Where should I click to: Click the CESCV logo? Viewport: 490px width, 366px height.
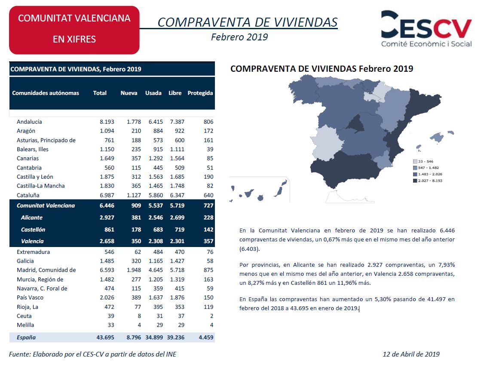click(x=426, y=29)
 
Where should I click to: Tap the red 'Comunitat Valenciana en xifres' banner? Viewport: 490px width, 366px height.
click(x=74, y=30)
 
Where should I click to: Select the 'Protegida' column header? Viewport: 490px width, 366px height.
click(x=200, y=93)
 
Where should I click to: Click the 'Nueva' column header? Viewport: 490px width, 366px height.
click(x=129, y=93)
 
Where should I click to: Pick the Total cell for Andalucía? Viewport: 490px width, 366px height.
click(x=107, y=122)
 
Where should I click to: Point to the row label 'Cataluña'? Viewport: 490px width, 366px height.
click(x=28, y=195)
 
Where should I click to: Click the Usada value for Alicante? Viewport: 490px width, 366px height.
click(x=156, y=218)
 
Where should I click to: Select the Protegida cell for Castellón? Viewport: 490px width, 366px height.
click(x=208, y=229)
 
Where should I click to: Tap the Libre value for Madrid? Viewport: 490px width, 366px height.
click(x=177, y=270)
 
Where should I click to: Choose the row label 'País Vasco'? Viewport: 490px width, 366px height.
click(x=30, y=298)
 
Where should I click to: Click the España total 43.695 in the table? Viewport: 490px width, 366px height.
click(x=105, y=338)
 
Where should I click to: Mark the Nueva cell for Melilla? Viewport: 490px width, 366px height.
click(x=139, y=325)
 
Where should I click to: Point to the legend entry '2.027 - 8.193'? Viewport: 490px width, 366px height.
click(x=428, y=181)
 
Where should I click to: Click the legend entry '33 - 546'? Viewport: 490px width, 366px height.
click(x=423, y=162)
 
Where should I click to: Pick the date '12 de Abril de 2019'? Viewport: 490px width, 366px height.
click(x=411, y=354)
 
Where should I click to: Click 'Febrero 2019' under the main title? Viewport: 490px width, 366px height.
click(x=239, y=37)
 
